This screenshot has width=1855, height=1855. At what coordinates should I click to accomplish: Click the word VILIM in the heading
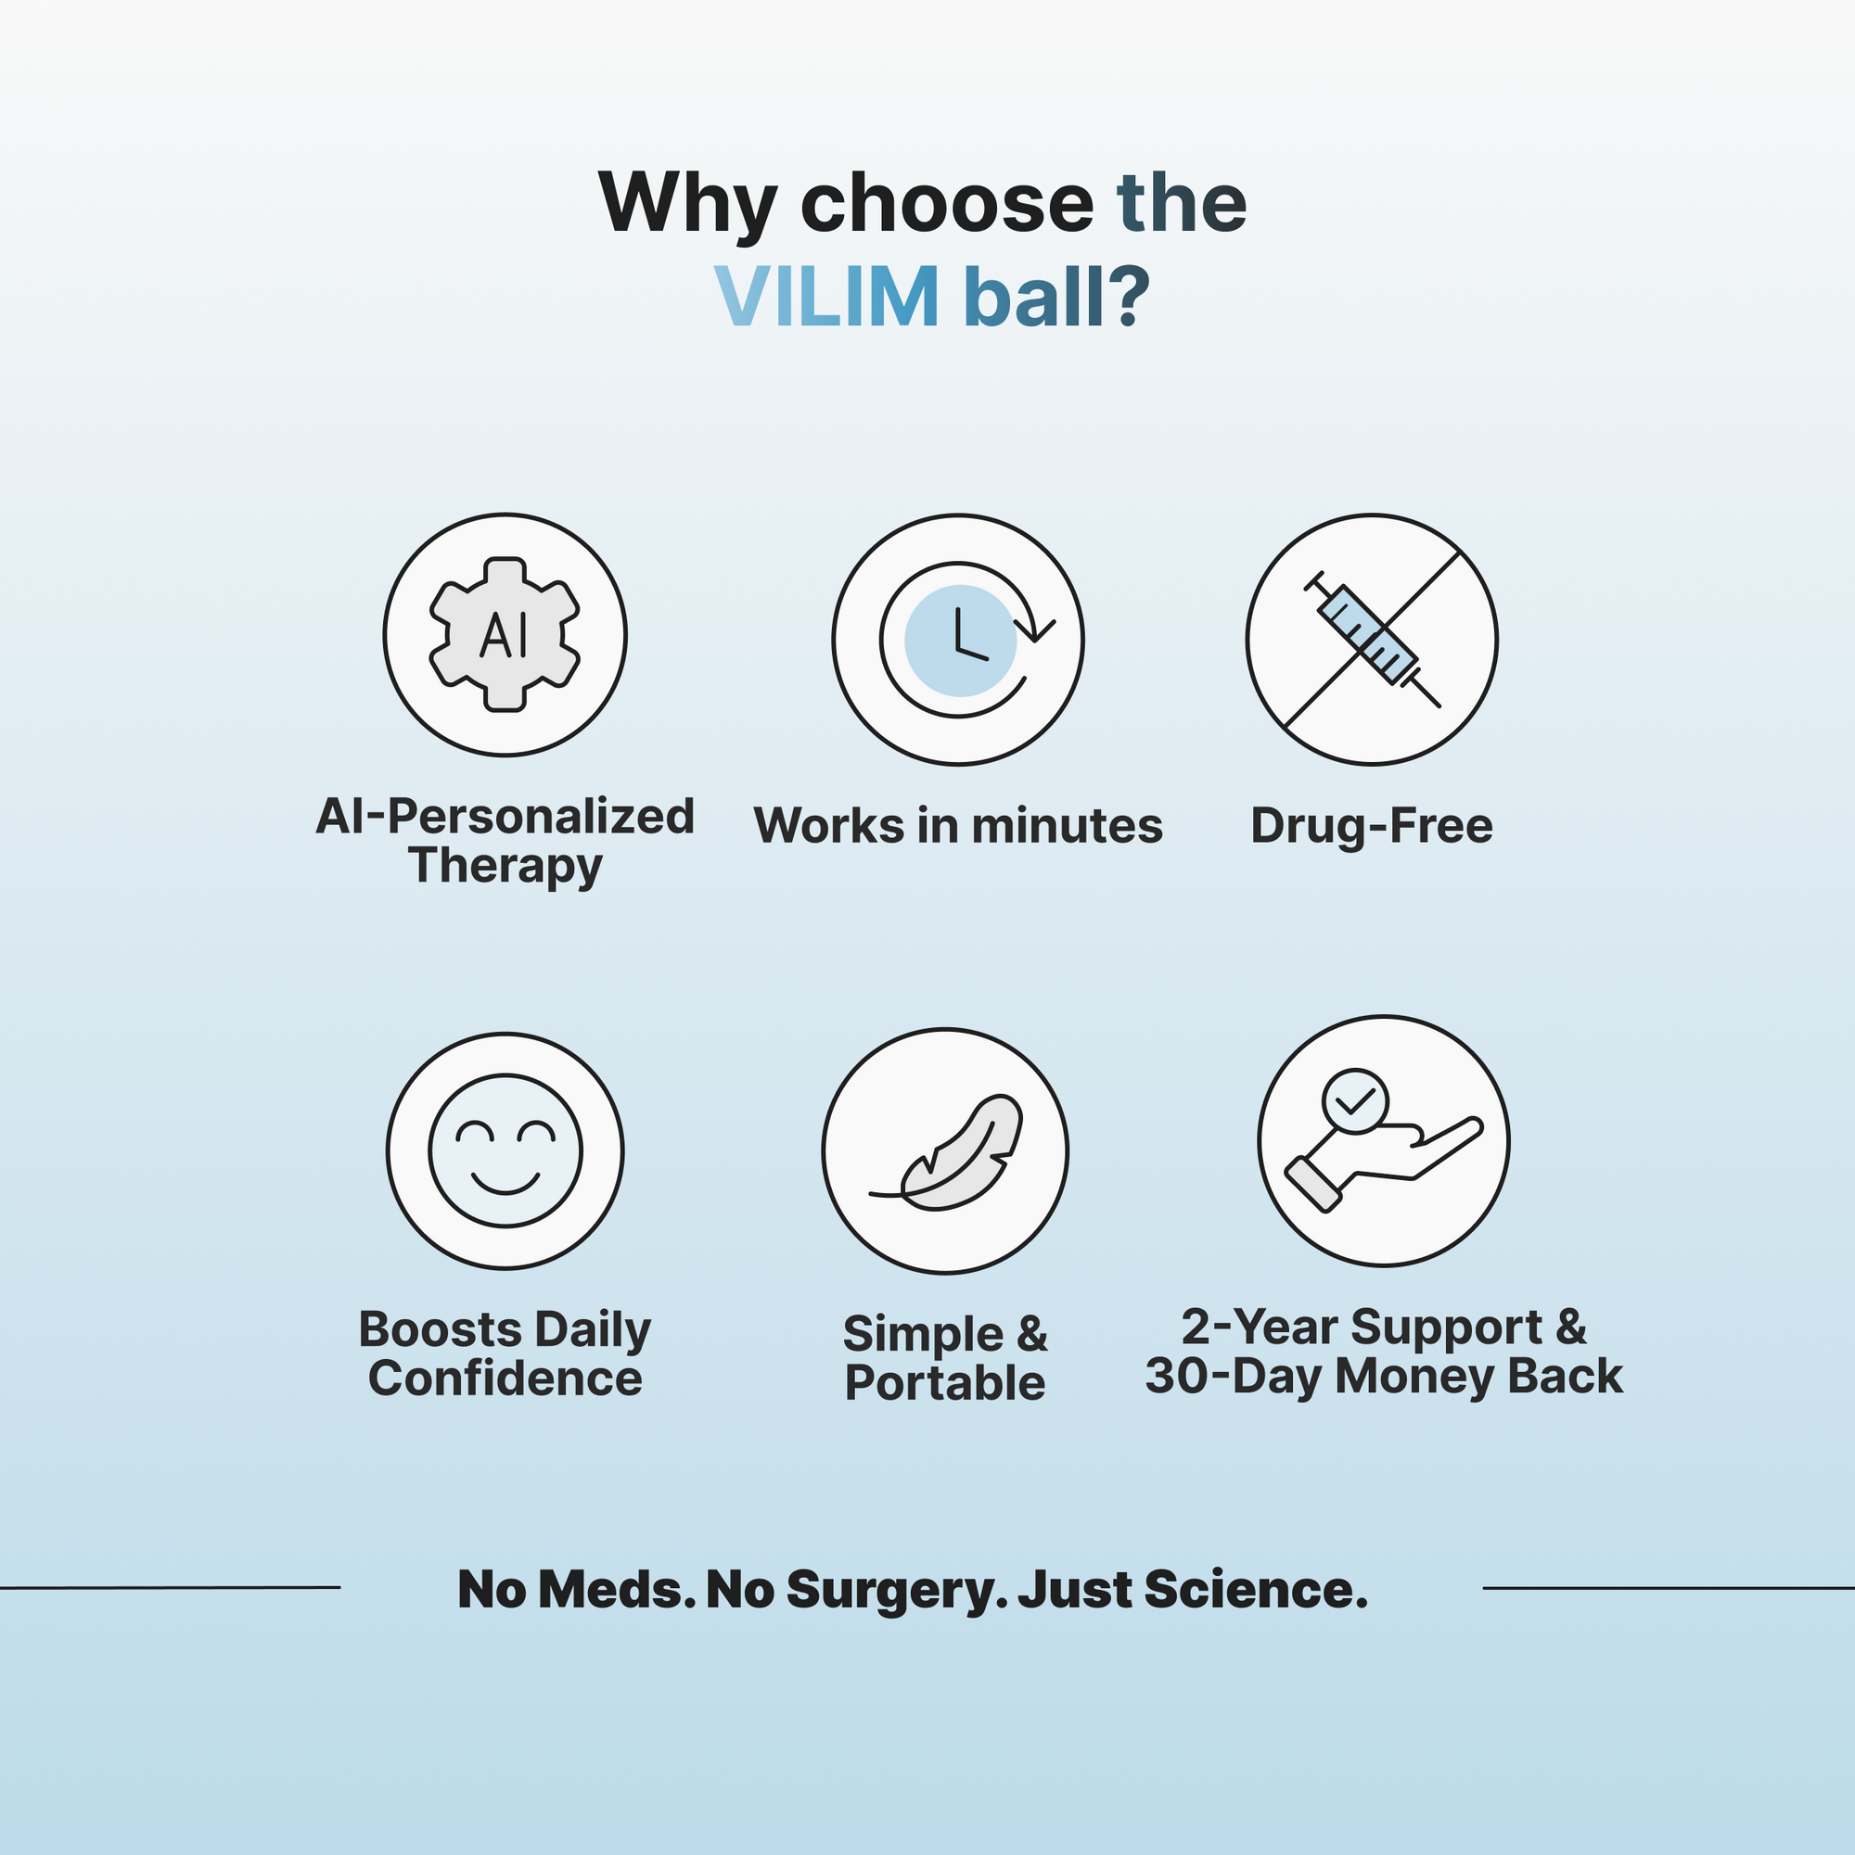click(x=826, y=297)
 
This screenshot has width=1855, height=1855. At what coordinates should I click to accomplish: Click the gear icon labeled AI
click(x=505, y=635)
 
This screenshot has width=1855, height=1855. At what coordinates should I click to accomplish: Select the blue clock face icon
click(x=960, y=641)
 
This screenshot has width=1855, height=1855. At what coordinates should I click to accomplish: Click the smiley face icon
click(x=505, y=1150)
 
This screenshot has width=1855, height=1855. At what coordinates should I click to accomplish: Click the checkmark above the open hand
click(x=1354, y=1100)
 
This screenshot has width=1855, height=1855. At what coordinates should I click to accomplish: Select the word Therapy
click(x=505, y=866)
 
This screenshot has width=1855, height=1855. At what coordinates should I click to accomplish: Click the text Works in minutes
click(x=958, y=825)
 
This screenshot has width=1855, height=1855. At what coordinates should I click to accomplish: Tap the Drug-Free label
click(x=1371, y=825)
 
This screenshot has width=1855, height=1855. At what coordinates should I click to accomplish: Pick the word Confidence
click(x=505, y=1379)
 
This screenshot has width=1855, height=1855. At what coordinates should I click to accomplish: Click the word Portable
click(x=945, y=1383)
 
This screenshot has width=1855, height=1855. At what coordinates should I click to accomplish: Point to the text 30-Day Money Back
click(x=1383, y=1376)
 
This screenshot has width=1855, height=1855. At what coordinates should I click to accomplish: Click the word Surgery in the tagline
click(x=889, y=1590)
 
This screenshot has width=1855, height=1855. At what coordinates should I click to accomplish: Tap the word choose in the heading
click(x=946, y=204)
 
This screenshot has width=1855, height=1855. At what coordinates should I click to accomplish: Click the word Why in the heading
click(x=687, y=204)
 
